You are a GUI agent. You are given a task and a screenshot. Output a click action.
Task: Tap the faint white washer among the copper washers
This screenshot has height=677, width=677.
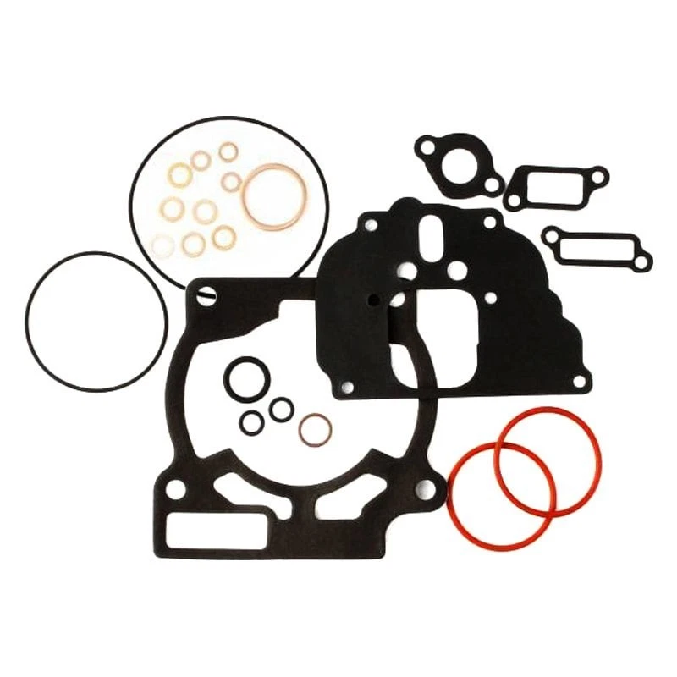click(161, 244)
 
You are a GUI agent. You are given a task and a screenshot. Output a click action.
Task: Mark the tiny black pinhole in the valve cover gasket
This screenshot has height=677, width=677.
click(369, 299)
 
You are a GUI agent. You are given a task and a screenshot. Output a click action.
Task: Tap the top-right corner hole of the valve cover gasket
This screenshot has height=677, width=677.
click(488, 222)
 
